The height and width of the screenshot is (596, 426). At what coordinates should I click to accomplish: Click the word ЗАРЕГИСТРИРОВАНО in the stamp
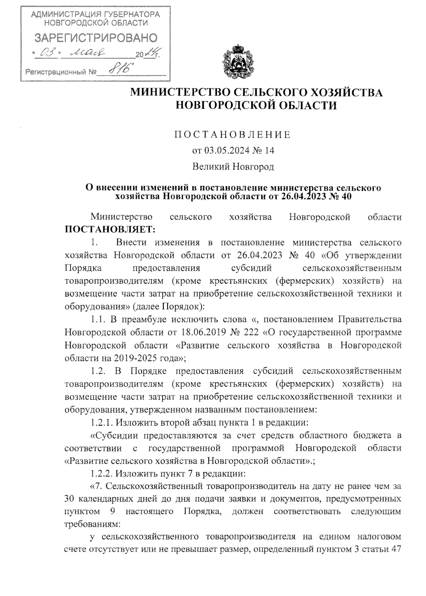click(x=95, y=38)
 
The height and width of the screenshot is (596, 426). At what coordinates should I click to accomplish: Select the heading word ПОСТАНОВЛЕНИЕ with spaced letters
click(x=233, y=135)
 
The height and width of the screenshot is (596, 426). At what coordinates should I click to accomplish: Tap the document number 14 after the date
click(x=269, y=151)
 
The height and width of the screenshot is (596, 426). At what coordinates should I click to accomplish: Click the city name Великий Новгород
click(x=233, y=166)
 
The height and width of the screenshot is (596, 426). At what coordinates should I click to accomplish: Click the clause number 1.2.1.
click(x=101, y=422)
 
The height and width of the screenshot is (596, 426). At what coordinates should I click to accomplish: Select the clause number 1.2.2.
click(x=101, y=474)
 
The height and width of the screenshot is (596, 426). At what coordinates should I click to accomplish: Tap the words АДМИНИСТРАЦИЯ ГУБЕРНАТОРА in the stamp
click(x=95, y=15)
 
